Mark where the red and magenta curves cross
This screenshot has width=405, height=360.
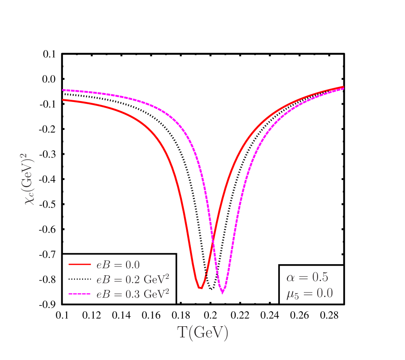pos(212,240)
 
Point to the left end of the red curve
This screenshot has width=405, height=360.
pos(63,100)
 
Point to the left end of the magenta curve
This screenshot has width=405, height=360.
pos(63,90)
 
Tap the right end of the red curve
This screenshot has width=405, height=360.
pos(343,86)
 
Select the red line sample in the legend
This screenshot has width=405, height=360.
pos(80,265)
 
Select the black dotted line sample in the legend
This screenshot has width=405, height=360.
pos(80,279)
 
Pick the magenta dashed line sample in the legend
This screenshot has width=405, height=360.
pos(80,294)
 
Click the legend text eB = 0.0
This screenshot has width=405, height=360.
pos(118,265)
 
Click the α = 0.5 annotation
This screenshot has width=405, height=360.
pos(307,278)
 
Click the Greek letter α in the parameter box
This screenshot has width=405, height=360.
pos(291,278)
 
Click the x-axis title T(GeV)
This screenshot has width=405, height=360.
pos(203,333)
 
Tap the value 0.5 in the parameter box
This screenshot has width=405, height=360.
pos(320,278)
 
